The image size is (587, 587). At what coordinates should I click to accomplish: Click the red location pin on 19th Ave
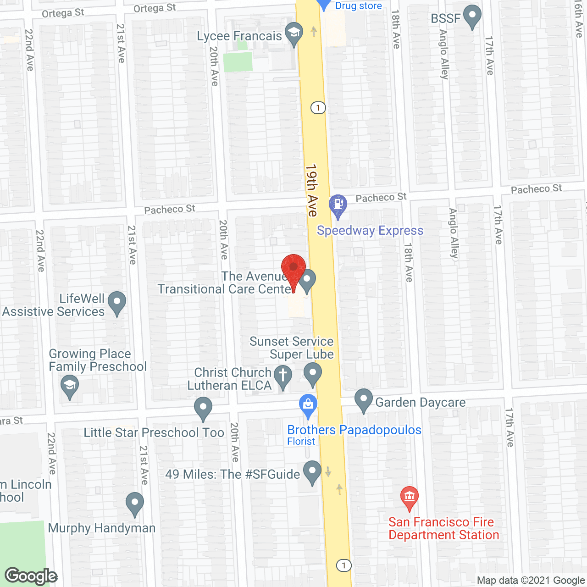tap(293, 268)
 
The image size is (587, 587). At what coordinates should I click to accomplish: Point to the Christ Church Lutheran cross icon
tap(283, 376)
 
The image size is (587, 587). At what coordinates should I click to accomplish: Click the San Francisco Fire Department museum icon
tap(409, 497)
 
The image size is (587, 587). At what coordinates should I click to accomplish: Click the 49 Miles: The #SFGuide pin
tap(313, 471)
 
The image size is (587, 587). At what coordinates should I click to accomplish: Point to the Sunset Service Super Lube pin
tap(313, 373)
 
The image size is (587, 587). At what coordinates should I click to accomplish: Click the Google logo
tap(31, 576)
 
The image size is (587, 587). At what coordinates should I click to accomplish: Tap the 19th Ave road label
tap(312, 190)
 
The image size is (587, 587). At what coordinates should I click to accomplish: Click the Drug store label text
tap(359, 6)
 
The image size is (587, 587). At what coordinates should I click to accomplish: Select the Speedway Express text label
tap(370, 230)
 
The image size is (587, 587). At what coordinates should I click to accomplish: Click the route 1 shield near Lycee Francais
tap(318, 108)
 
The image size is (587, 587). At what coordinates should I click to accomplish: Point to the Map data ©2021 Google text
tap(531, 581)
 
